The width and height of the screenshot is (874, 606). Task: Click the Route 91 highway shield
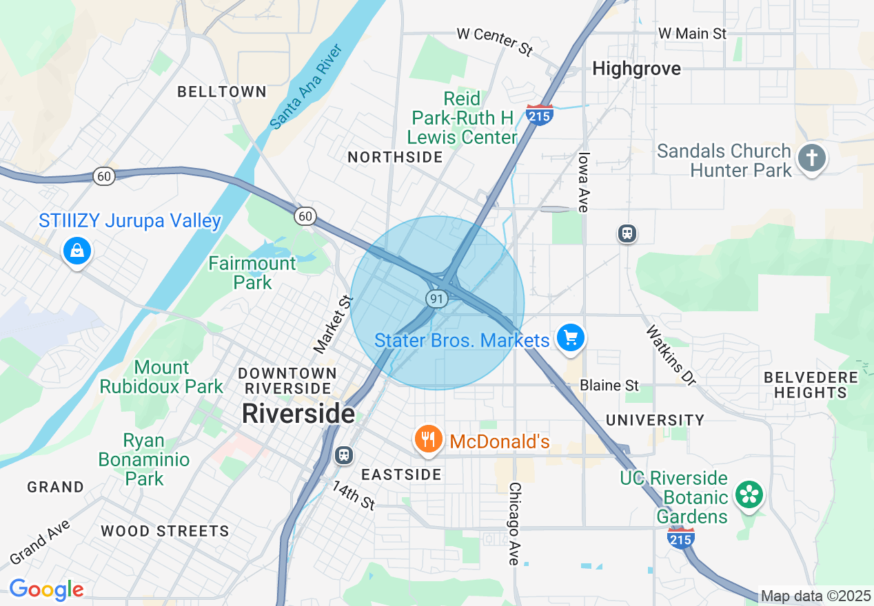click(436, 298)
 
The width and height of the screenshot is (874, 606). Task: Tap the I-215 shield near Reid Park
click(539, 114)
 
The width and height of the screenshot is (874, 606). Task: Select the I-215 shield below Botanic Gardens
click(680, 538)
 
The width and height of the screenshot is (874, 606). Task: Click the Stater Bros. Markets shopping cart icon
click(571, 337)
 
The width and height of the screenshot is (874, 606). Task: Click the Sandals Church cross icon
click(811, 158)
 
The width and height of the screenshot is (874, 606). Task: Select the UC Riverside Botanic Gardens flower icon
click(749, 495)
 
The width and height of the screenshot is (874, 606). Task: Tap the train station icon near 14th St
click(343, 455)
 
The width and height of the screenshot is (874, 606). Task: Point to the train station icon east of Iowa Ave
click(627, 233)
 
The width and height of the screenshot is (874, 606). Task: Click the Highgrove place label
click(636, 69)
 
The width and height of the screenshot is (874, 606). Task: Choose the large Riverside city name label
click(298, 414)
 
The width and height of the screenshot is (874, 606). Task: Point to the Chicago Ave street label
click(514, 523)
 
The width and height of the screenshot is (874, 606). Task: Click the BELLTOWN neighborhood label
click(222, 92)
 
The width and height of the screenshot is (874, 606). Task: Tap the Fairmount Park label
click(252, 273)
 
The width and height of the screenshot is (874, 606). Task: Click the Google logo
click(46, 589)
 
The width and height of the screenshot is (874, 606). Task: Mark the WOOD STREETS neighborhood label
click(165, 531)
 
